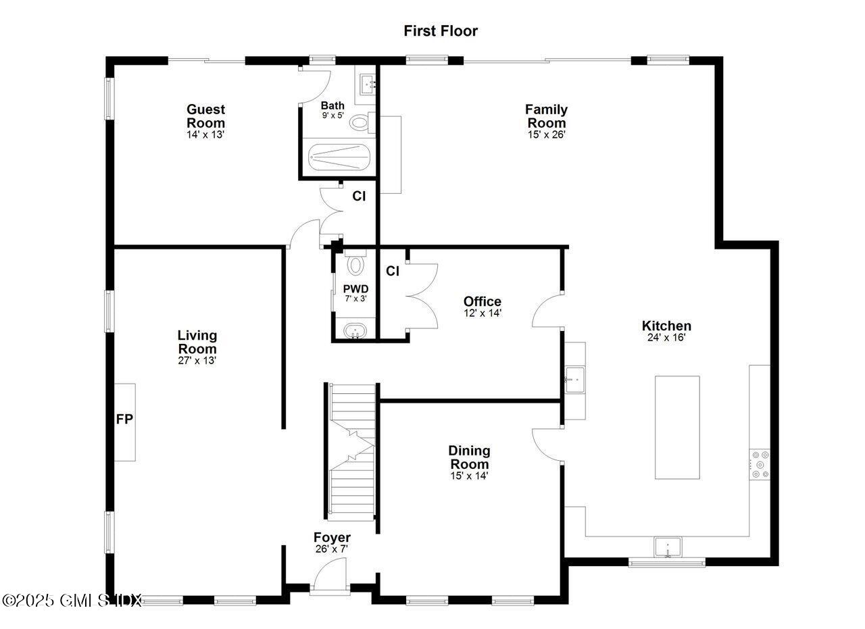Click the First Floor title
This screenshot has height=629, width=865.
click(441, 31)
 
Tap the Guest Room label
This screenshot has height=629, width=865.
click(205, 116)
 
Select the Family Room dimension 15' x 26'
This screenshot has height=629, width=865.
click(546, 134)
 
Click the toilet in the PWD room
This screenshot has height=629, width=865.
click(355, 263)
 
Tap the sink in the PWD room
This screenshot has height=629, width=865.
click(354, 332)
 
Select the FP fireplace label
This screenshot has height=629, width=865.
click(124, 420)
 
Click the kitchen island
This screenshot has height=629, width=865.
click(677, 427)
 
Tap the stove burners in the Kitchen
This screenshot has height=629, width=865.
click(760, 464)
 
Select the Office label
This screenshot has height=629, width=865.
click(482, 301)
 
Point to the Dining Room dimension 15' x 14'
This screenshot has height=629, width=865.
click(469, 476)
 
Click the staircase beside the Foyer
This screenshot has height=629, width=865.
click(351, 452)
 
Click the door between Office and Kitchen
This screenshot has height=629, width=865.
click(547, 311)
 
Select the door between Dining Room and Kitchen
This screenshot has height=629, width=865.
click(547, 445)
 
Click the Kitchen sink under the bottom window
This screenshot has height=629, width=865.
click(667, 547)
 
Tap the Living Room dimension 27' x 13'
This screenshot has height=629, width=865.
click(197, 361)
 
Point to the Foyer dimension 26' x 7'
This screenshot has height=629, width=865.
click(331, 549)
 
